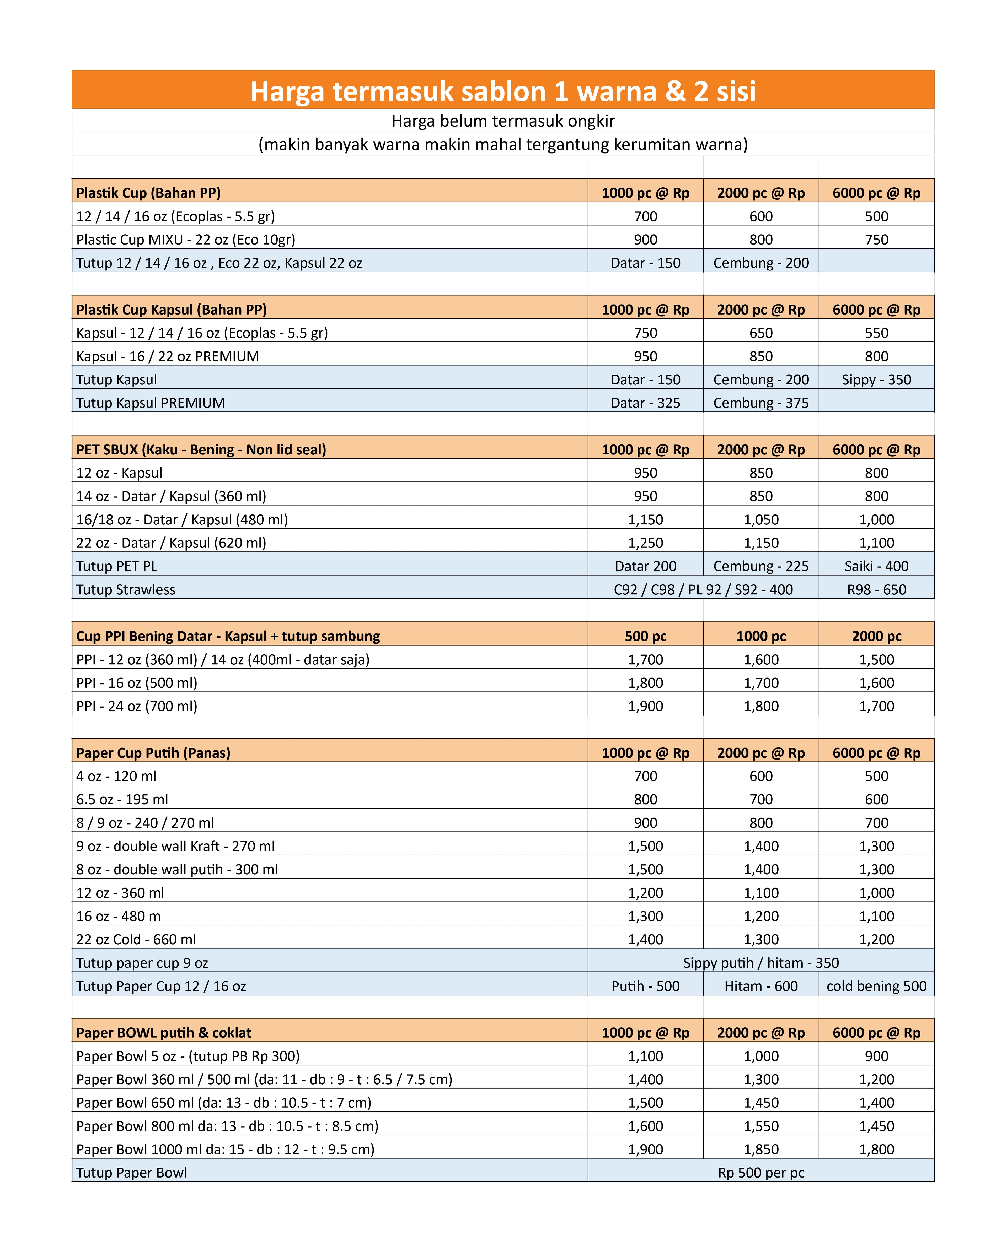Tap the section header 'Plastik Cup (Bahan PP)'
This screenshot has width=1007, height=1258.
click(148, 193)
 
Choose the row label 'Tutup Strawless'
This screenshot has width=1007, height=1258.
click(126, 589)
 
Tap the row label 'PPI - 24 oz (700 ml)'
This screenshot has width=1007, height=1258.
click(137, 706)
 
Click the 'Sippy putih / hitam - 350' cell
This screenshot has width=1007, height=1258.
click(761, 963)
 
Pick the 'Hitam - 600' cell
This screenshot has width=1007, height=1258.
click(761, 986)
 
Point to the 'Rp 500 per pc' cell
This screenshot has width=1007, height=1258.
click(761, 1173)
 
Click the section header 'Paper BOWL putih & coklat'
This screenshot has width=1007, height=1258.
click(163, 1033)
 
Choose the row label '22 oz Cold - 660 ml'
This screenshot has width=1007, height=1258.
click(136, 939)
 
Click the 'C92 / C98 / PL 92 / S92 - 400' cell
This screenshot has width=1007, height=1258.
click(703, 589)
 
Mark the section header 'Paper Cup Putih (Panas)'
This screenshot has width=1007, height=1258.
click(153, 753)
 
